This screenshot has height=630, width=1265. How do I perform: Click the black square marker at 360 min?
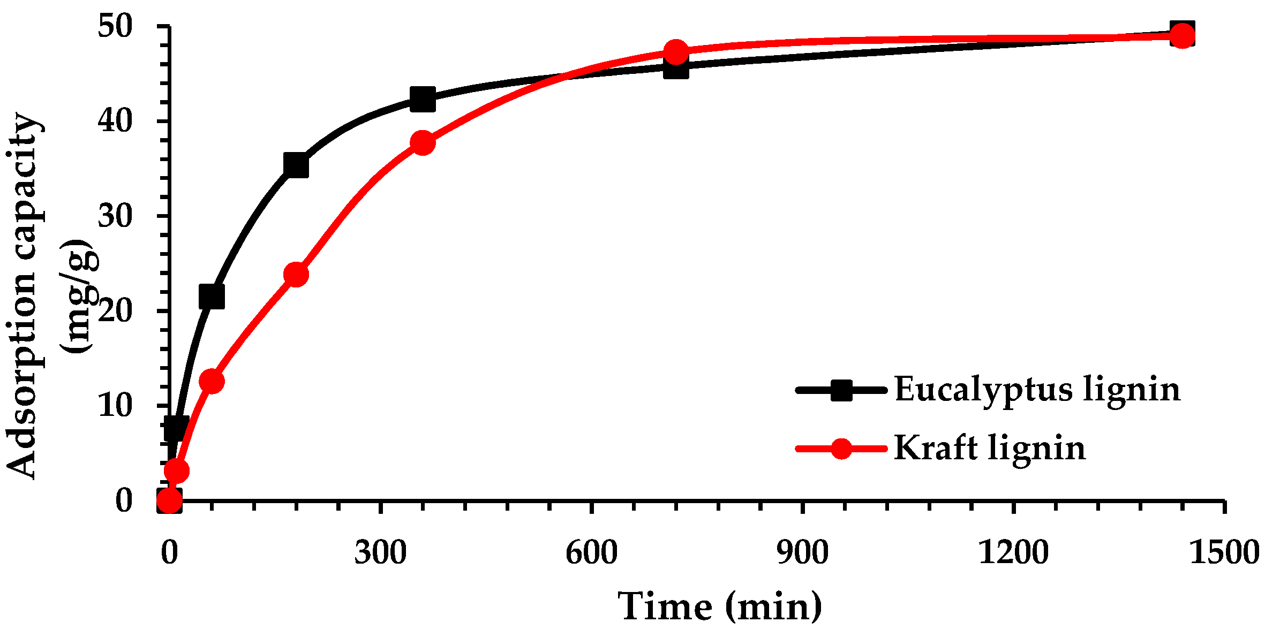(423, 99)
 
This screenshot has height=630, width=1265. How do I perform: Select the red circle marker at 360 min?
(423, 143)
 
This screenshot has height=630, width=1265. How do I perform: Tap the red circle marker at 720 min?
(676, 52)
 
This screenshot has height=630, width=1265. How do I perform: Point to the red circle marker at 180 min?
(296, 275)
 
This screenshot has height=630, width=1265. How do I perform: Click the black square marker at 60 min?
(212, 297)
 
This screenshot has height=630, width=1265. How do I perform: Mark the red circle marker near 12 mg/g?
(212, 381)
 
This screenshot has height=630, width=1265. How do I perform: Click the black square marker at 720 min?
(676, 68)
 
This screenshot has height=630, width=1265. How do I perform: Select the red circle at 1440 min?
(1183, 36)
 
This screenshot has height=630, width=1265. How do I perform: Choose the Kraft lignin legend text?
(990, 448)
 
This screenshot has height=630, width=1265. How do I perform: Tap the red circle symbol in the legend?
(841, 449)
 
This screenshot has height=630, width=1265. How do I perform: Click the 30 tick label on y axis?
(115, 216)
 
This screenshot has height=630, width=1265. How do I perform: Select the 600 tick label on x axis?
(591, 552)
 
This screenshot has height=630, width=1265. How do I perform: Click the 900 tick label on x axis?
(802, 552)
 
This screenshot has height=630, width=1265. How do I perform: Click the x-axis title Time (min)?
(720, 606)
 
